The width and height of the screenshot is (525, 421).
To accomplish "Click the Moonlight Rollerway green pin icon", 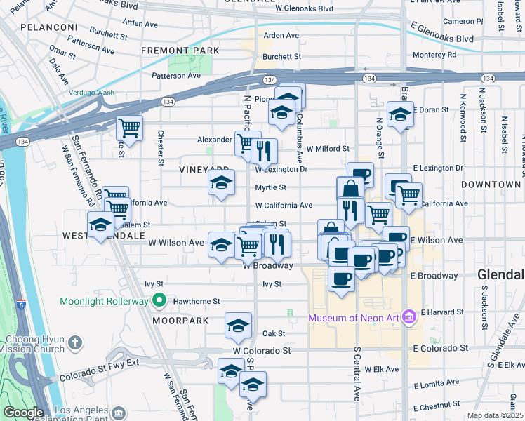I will tap(159, 301).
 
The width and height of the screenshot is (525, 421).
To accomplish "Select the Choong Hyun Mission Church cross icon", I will tap(75, 343).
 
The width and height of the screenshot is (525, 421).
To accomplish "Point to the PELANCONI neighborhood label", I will tap(49, 27).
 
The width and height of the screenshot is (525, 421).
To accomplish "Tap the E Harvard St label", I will tap(439, 312).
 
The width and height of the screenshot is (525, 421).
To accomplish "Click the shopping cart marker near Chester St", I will tap(130, 128).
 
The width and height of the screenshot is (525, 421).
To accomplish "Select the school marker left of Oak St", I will tap(238, 326).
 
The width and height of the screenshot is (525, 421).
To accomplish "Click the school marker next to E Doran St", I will tap(399, 114).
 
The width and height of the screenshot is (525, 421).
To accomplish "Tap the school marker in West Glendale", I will tap(100, 225).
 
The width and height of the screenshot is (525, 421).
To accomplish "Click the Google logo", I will tap(23, 413).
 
